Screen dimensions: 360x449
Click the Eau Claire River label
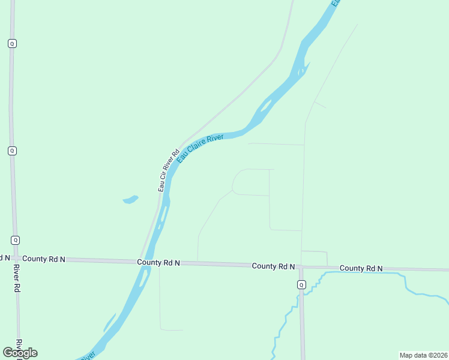click(201, 146)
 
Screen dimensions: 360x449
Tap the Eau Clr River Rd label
click(169, 170)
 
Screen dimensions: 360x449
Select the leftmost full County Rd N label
click(44, 259)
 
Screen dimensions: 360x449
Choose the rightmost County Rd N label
click(361, 268)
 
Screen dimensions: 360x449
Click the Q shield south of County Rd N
click(301, 284)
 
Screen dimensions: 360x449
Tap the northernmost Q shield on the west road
click(11, 43)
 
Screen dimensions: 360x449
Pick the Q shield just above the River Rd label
click(15, 239)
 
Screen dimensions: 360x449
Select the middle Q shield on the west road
click(12, 151)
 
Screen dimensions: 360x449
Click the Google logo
click(20, 353)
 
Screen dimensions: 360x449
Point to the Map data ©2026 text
click(423, 355)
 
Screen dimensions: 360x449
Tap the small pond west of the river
click(130, 199)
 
